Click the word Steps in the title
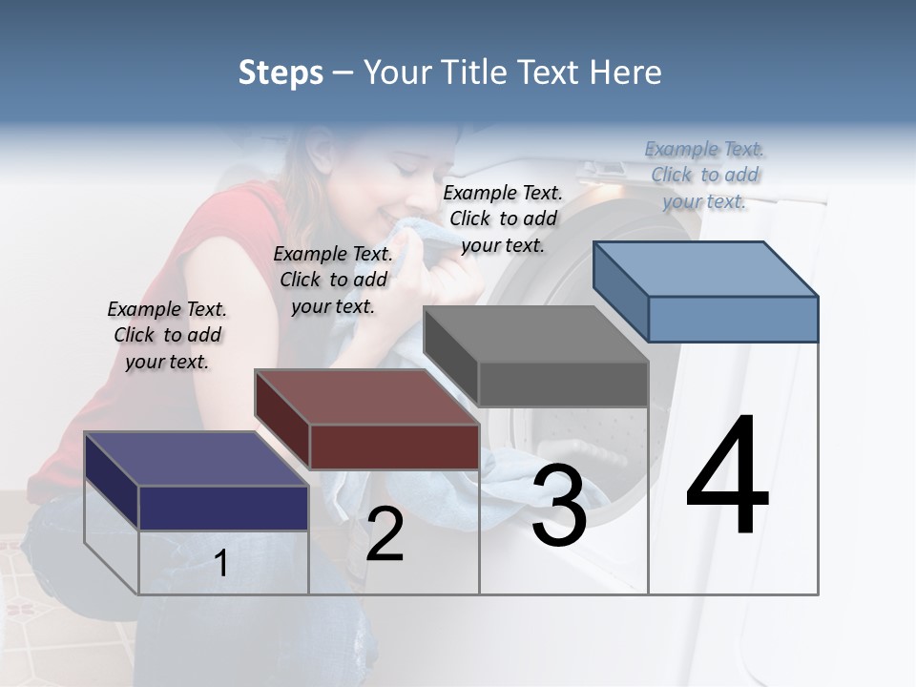(281, 73)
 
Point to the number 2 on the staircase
(385, 534)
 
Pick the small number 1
(221, 563)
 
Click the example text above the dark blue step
(167, 335)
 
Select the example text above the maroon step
(333, 280)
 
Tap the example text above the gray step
(503, 219)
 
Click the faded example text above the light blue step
(705, 175)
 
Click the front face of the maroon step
(394, 447)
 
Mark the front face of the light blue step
(733, 319)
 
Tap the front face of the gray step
(563, 385)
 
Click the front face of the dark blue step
(223, 508)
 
